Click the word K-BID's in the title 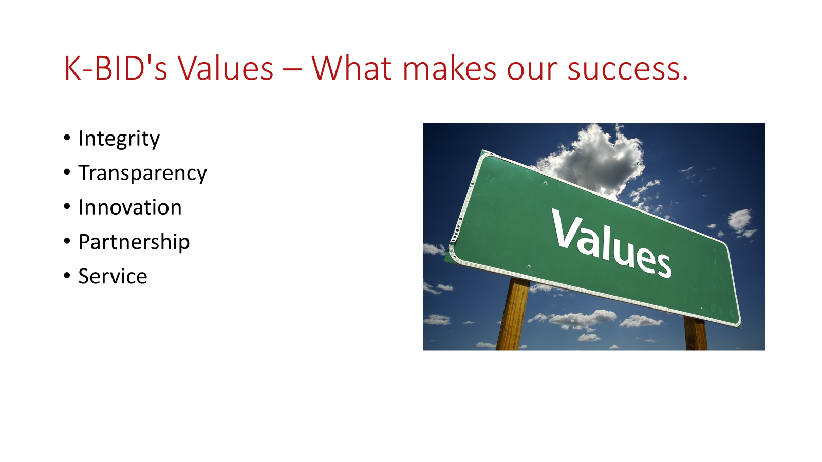116,68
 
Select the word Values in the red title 226,68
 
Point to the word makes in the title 449,68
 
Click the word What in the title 352,68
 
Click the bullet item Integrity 119,139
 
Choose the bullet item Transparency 143,174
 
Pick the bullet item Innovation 130,207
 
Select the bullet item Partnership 134,242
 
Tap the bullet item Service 113,276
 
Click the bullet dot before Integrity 67,138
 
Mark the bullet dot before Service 67,276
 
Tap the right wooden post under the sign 696,333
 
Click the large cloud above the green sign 594,161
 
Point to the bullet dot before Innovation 67,207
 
